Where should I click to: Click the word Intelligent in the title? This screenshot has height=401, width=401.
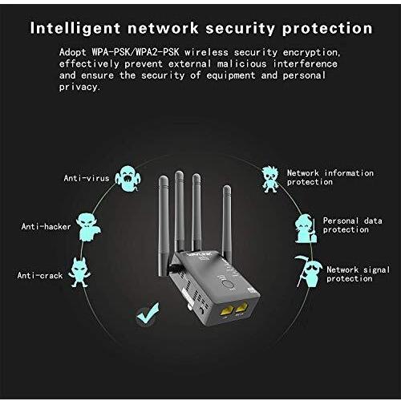(x=75, y=28)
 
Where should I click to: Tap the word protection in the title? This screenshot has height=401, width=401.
(x=327, y=29)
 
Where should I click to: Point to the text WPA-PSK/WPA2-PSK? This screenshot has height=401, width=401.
(x=136, y=52)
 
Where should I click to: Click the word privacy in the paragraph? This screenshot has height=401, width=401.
(x=79, y=87)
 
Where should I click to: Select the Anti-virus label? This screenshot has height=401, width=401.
(x=87, y=178)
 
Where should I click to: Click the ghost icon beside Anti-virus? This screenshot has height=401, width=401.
(x=128, y=178)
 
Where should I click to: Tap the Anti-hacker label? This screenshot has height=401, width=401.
(x=46, y=226)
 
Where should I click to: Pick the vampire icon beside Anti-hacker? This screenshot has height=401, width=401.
(x=88, y=227)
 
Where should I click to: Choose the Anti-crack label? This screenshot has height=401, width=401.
(x=40, y=275)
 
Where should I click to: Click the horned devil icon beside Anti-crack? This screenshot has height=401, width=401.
(x=79, y=272)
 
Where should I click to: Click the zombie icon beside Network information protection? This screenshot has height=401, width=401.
(x=269, y=179)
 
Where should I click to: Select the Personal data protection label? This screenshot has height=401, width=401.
(x=352, y=225)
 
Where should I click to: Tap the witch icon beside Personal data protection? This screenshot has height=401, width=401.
(x=306, y=229)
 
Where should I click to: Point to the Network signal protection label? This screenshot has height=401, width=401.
(x=358, y=274)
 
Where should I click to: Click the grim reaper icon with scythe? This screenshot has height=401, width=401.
(x=307, y=271)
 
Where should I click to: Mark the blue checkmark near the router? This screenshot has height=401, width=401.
(x=148, y=314)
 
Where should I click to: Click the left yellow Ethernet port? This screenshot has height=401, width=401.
(x=227, y=310)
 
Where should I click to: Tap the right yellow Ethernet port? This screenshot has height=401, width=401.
(x=241, y=307)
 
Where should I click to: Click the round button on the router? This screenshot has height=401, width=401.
(x=228, y=284)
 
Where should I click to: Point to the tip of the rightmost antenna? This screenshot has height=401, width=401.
(x=227, y=186)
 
